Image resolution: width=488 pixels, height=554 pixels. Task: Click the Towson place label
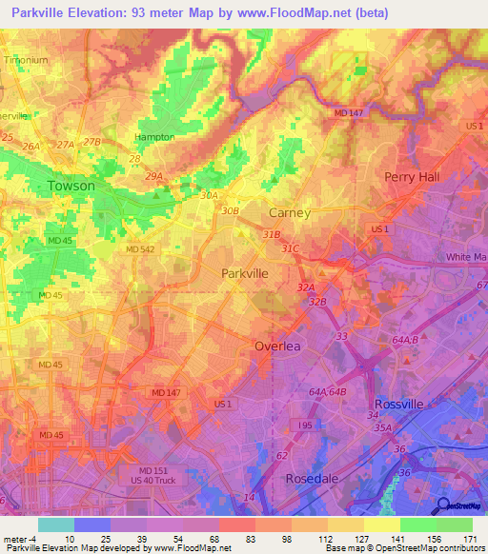(x=72, y=186)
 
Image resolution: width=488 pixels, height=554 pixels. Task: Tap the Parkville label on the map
(x=245, y=272)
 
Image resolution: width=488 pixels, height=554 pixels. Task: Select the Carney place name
(x=290, y=212)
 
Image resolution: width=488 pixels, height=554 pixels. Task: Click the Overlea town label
(x=277, y=346)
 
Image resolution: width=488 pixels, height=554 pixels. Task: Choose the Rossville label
(x=397, y=404)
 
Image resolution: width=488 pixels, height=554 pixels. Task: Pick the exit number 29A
(x=153, y=177)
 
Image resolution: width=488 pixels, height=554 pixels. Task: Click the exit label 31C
(x=290, y=248)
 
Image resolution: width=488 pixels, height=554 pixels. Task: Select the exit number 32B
(x=317, y=302)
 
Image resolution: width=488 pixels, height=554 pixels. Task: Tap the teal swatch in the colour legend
(x=55, y=524)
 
